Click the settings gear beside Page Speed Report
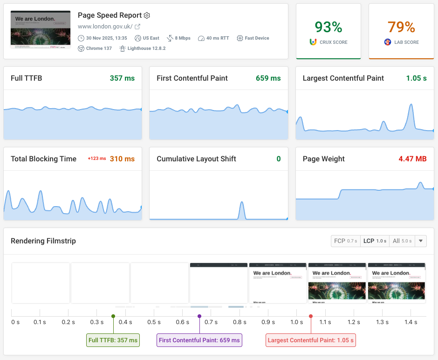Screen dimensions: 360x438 147,15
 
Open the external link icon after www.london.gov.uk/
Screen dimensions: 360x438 137,27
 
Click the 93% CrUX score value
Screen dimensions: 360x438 328,27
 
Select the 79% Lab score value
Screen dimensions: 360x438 401,27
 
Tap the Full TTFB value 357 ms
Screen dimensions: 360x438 122,78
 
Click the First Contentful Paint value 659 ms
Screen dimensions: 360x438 268,78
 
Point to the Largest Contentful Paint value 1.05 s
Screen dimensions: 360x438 416,78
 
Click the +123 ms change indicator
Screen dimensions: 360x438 97,159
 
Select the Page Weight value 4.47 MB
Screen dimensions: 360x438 412,159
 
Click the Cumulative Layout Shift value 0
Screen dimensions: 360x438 279,159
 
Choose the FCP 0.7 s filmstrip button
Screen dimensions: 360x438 345,241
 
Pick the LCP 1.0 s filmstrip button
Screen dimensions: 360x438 375,241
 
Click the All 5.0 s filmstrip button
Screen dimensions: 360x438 402,241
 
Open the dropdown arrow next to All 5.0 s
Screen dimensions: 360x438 421,241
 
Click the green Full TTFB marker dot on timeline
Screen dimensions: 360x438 113,316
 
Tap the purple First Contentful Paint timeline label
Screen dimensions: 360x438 199,340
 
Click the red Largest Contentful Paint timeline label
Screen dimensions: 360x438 311,340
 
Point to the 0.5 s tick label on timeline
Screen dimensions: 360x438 154,322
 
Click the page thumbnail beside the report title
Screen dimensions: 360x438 41,29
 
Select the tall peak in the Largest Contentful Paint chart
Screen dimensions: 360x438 411,105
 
